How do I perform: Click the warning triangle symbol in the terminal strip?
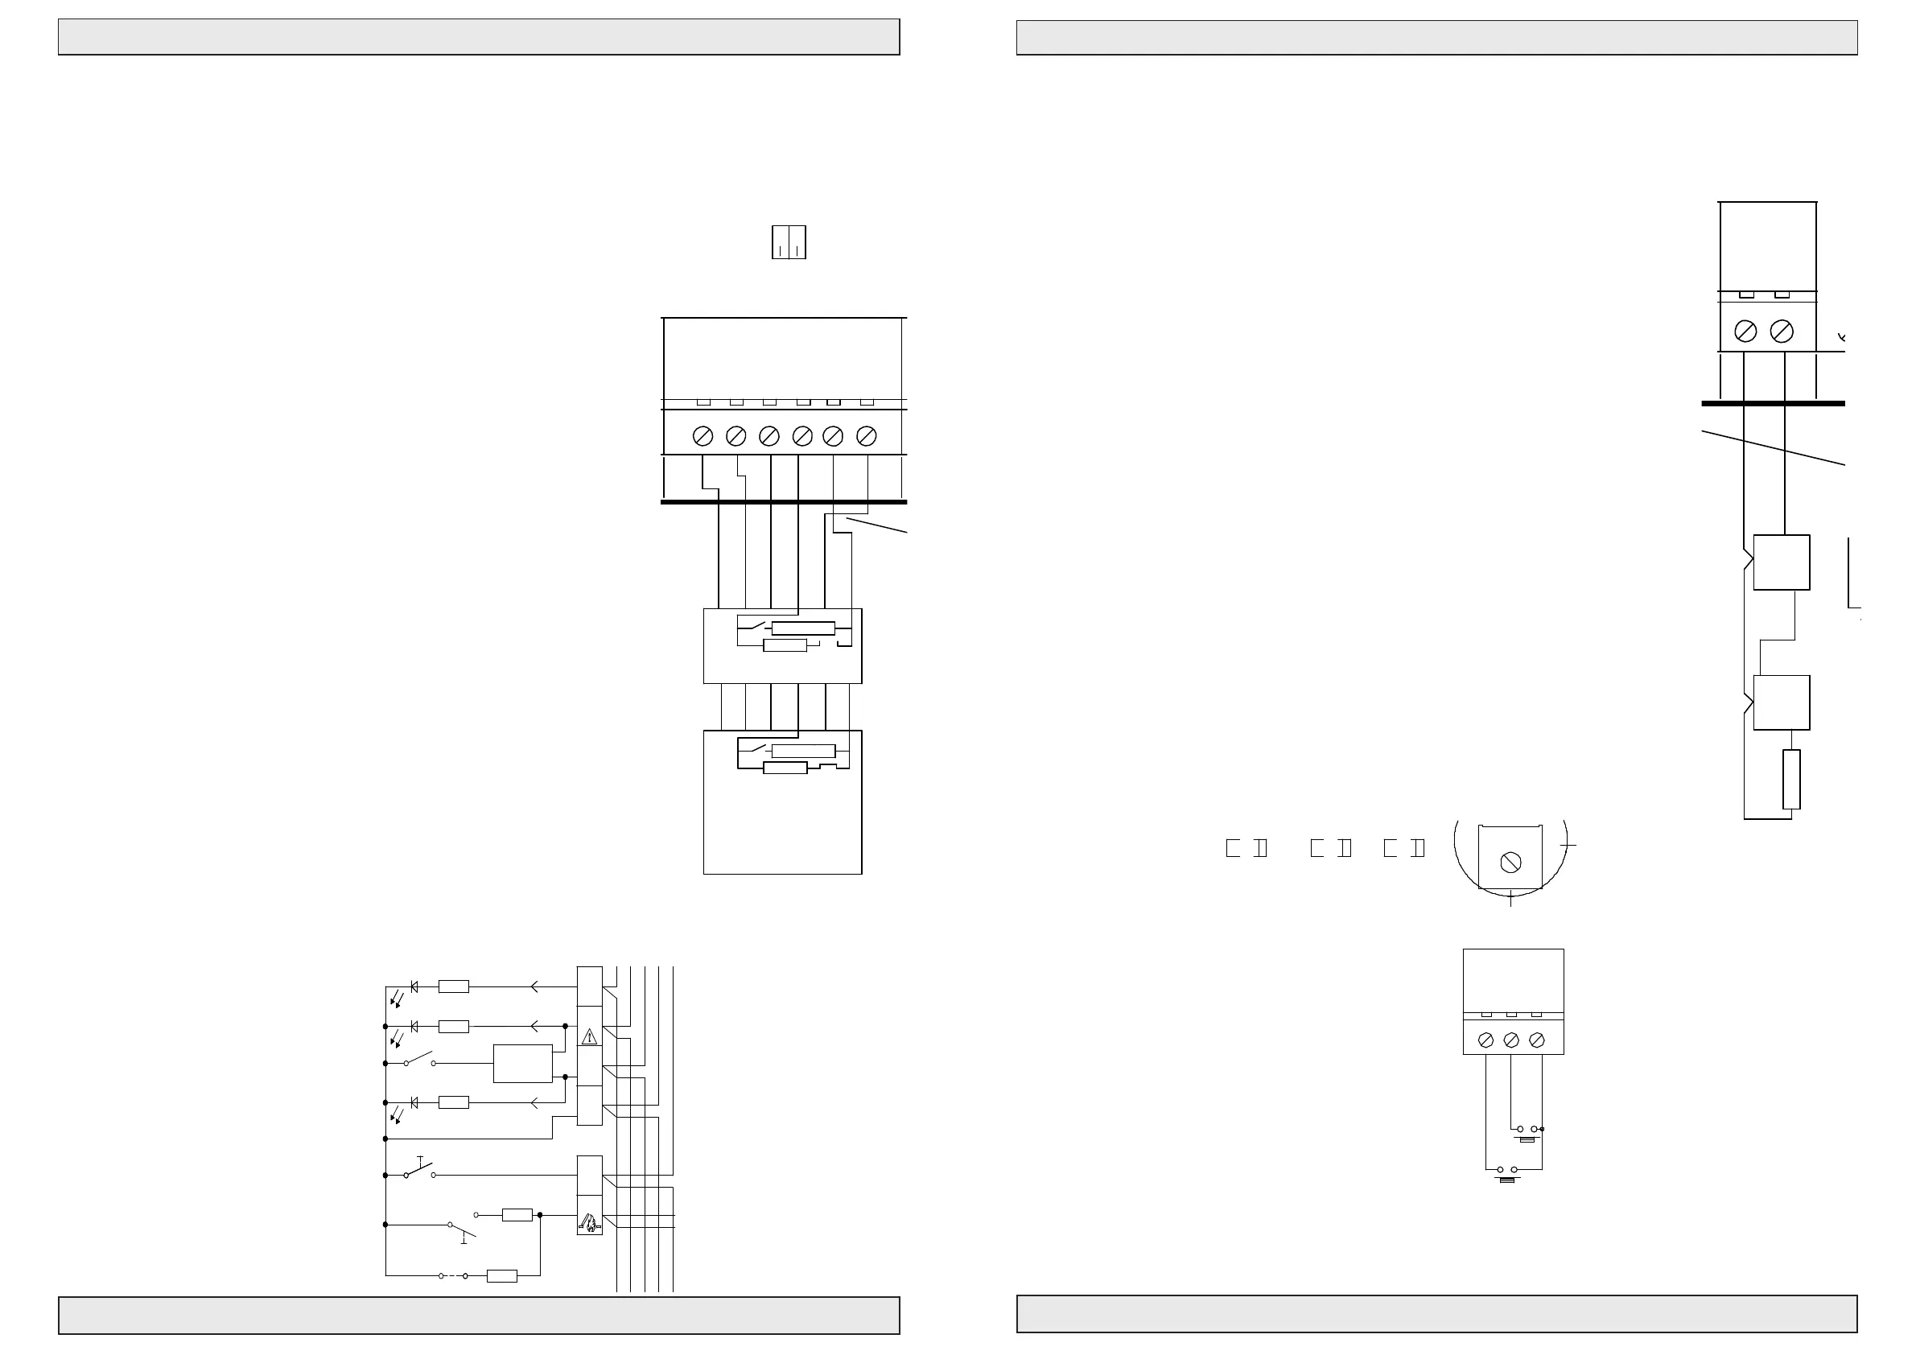[x=590, y=1037]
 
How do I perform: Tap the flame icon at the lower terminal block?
[x=589, y=1224]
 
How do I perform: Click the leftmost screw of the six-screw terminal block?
[x=703, y=435]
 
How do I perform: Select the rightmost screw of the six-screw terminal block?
[x=866, y=435]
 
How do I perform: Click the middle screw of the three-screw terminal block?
[x=1510, y=1040]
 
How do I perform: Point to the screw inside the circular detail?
[x=1510, y=862]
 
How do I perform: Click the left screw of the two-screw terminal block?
[x=1745, y=332]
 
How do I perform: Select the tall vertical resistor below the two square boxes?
[x=1790, y=780]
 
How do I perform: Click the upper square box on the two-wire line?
[x=1781, y=562]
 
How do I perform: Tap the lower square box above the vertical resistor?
[x=1781, y=702]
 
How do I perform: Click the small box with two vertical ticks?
[x=789, y=242]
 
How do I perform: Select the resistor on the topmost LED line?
[x=453, y=987]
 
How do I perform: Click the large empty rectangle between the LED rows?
[x=522, y=1064]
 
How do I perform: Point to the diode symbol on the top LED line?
[x=414, y=987]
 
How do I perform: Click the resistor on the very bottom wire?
[x=501, y=1275]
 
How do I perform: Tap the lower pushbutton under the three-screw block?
[x=1507, y=1172]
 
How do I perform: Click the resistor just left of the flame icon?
[x=517, y=1215]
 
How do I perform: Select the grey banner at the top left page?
[x=478, y=37]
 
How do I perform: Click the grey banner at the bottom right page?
[x=1436, y=1313]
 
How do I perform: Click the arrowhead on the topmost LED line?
[x=534, y=987]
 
